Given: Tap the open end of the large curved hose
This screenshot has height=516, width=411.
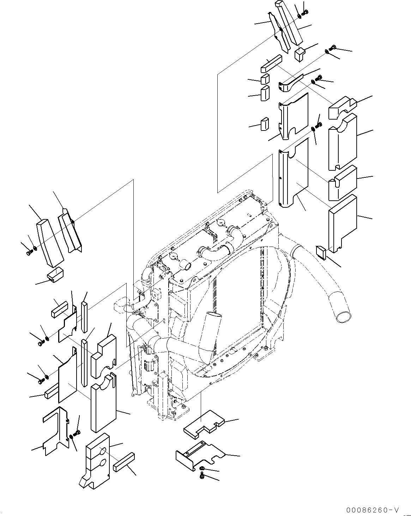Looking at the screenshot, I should (x=343, y=317).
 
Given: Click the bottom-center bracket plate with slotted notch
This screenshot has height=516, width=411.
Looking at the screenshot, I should (x=200, y=455).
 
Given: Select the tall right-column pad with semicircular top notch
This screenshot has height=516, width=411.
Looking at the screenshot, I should (x=342, y=141).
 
